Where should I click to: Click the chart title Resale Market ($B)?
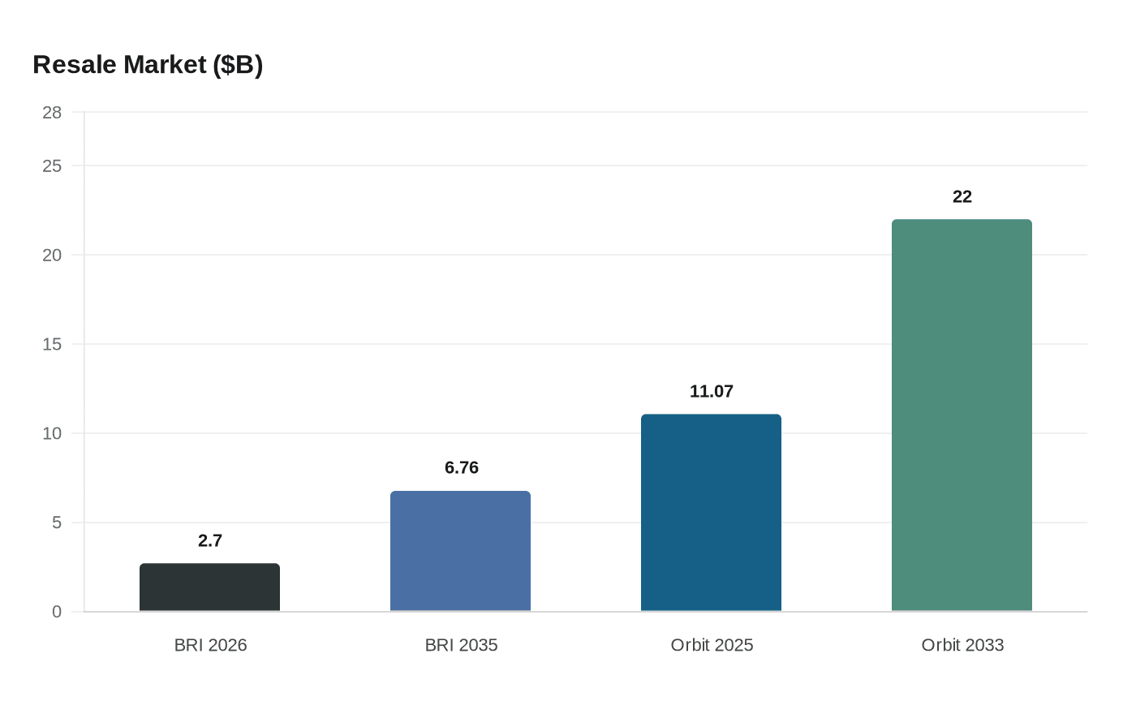tap(148, 65)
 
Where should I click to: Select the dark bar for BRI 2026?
tap(209, 587)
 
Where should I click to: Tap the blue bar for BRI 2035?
tap(460, 551)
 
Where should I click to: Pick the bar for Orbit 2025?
tap(711, 513)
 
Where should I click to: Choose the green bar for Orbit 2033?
tap(962, 415)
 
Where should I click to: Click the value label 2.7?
tap(209, 541)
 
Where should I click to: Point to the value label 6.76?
tap(461, 468)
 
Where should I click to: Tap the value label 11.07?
tap(711, 392)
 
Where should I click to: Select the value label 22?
tap(962, 197)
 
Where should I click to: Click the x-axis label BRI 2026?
tap(210, 645)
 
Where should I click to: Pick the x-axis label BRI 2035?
tap(461, 645)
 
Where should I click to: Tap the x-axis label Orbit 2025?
tap(712, 645)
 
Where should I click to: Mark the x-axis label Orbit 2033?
tap(962, 645)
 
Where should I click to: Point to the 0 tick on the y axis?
tap(57, 612)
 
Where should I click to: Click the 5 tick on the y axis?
tap(57, 523)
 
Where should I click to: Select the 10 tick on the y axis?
tap(52, 433)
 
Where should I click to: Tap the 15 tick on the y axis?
tap(52, 344)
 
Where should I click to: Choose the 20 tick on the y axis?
tap(52, 255)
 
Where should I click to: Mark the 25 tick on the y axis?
tap(52, 166)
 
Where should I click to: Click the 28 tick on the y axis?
tap(52, 113)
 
